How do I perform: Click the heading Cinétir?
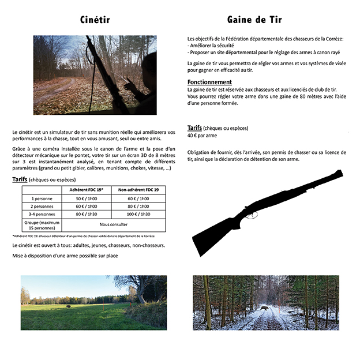95,20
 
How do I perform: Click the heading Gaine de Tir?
254,20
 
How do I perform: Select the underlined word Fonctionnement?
209,82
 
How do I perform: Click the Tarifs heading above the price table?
22,180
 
